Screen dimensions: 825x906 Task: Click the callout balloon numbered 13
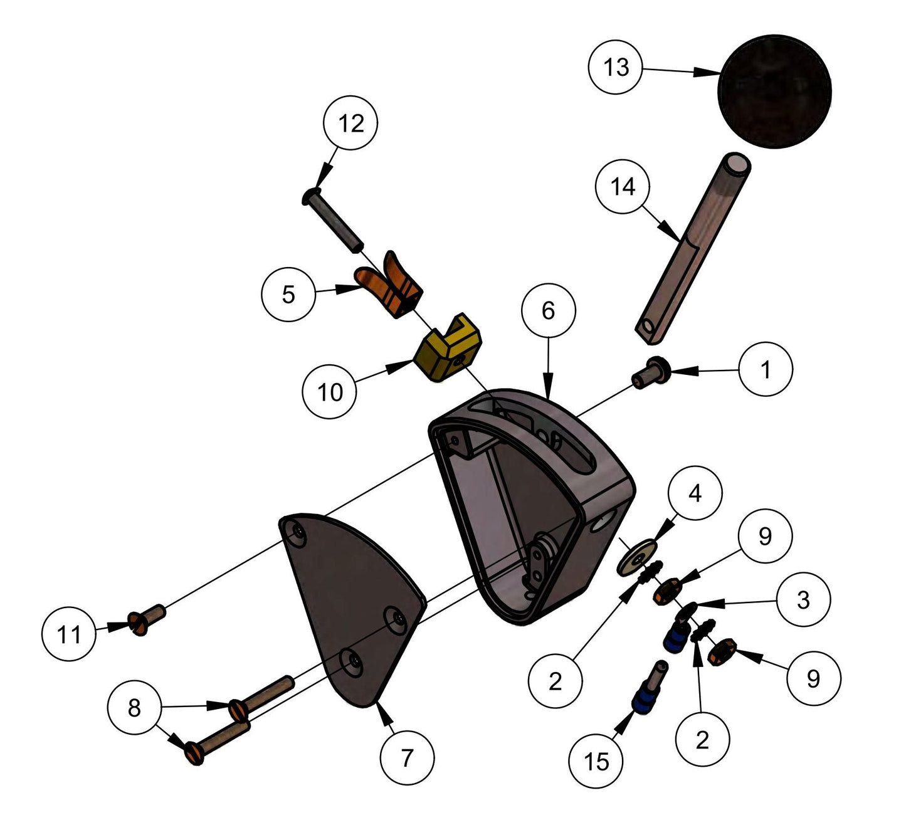pyautogui.click(x=616, y=67)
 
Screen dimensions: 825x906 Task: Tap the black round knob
pyautogui.click(x=774, y=92)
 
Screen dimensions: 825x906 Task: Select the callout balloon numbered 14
pyautogui.click(x=623, y=187)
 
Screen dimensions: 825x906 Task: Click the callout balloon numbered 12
pyautogui.click(x=351, y=124)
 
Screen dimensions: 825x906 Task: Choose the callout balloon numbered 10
pyautogui.click(x=330, y=392)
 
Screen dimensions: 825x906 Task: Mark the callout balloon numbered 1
pyautogui.click(x=766, y=370)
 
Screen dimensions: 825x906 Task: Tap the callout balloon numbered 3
pyautogui.click(x=803, y=600)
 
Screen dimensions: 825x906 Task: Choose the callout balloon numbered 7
pyautogui.click(x=407, y=758)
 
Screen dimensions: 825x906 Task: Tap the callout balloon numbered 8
pyautogui.click(x=134, y=709)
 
